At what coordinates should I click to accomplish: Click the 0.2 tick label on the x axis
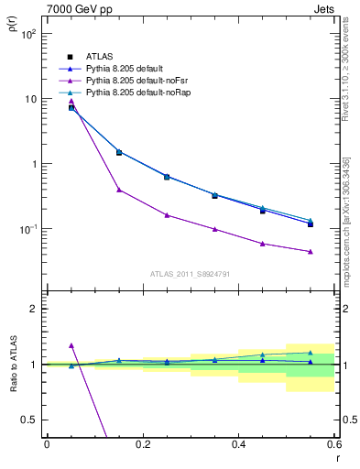pyautogui.click(x=142, y=444)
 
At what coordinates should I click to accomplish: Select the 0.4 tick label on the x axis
pyautogui.click(x=238, y=444)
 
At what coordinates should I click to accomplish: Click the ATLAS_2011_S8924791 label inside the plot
pyautogui.click(x=190, y=273)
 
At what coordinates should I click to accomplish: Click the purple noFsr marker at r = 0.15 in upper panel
pyautogui.click(x=119, y=190)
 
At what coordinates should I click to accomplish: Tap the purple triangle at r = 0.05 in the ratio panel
pyautogui.click(x=71, y=345)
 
